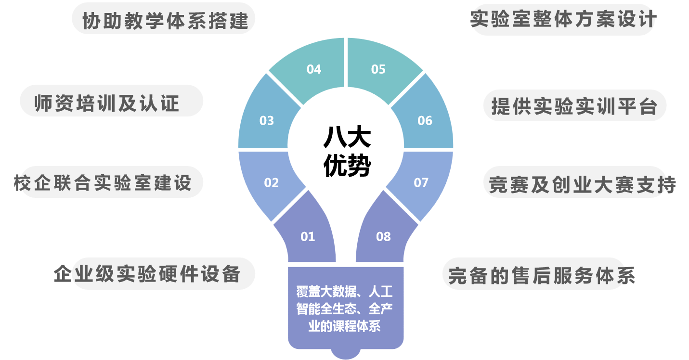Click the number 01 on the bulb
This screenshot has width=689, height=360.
(x=308, y=237)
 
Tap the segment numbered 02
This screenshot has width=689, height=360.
(x=272, y=183)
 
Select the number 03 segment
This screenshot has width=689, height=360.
(x=267, y=120)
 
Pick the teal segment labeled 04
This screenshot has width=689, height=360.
(x=314, y=69)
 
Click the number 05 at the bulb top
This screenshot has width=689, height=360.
(x=378, y=69)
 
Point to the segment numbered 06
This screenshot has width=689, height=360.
(x=425, y=120)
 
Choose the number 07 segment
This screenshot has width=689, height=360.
(x=421, y=183)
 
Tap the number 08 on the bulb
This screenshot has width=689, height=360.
(x=383, y=237)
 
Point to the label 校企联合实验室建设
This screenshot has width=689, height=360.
(x=103, y=183)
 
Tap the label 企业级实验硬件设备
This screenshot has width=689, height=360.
(x=147, y=274)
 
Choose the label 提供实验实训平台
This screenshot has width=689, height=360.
(x=574, y=106)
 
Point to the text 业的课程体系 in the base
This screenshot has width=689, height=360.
(x=345, y=326)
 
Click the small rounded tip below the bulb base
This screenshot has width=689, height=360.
(x=346, y=354)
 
